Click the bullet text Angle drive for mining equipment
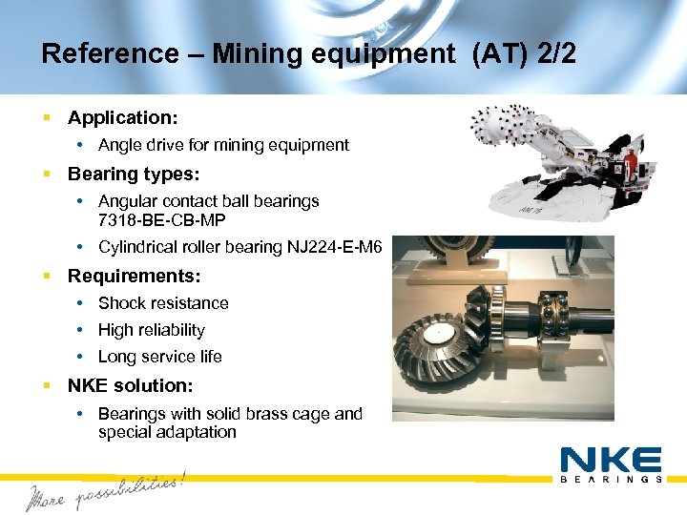pos(223,145)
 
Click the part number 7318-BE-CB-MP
pos(161,219)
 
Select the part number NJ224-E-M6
pos(334,247)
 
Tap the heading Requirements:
pos(134,277)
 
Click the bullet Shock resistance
pos(163,303)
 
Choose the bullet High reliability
pos(152,330)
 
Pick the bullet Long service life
pos(160,357)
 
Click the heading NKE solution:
pos(130,385)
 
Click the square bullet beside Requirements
pos(47,277)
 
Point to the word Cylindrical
pos(141,247)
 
